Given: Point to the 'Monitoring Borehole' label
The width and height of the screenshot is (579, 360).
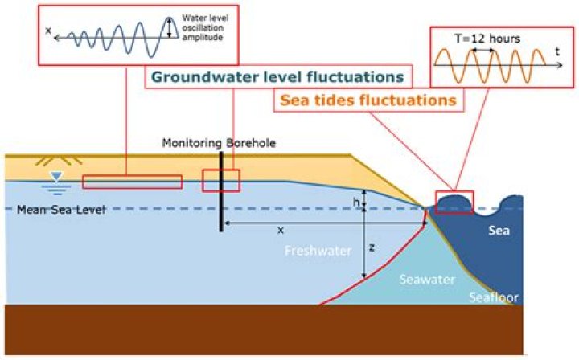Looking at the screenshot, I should (x=219, y=143).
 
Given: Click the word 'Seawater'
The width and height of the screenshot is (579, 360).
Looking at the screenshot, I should (x=427, y=280).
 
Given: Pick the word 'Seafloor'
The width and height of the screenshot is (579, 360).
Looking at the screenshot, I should (x=495, y=298).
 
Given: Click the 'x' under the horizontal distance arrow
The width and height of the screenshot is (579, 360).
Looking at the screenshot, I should (x=281, y=230).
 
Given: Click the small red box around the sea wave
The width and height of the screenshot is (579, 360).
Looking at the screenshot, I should (x=454, y=202).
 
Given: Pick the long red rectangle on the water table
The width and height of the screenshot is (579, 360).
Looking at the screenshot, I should (x=132, y=182).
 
